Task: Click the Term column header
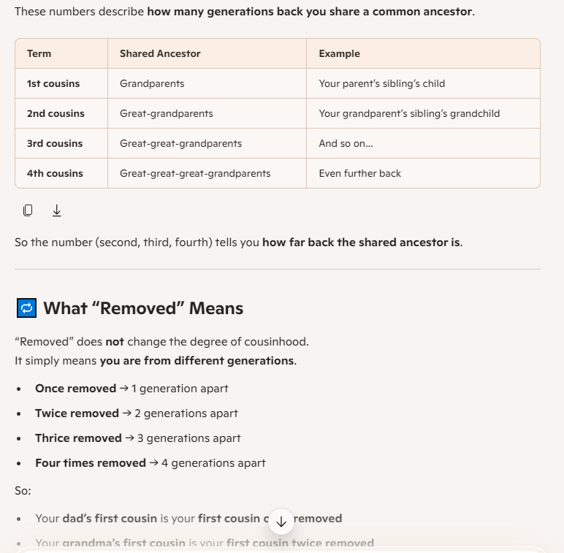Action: (x=39, y=53)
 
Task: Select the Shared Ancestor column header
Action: (x=160, y=53)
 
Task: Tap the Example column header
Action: (x=340, y=53)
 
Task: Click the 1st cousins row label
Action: (x=53, y=83)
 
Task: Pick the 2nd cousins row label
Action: (x=56, y=113)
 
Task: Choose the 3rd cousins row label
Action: (x=55, y=143)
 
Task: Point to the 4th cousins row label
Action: (x=55, y=173)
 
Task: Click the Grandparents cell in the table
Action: (x=152, y=83)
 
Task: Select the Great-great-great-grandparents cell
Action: (x=195, y=173)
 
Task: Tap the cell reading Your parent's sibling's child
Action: (x=382, y=83)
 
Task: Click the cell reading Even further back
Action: (x=360, y=173)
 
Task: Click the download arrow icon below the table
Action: (x=57, y=210)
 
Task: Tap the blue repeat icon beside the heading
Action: (x=26, y=308)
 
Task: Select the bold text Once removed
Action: (x=76, y=389)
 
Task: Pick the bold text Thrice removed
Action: (x=78, y=438)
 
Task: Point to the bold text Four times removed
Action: (x=91, y=463)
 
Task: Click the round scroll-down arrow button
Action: (x=281, y=522)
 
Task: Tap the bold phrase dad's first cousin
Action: (x=110, y=519)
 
